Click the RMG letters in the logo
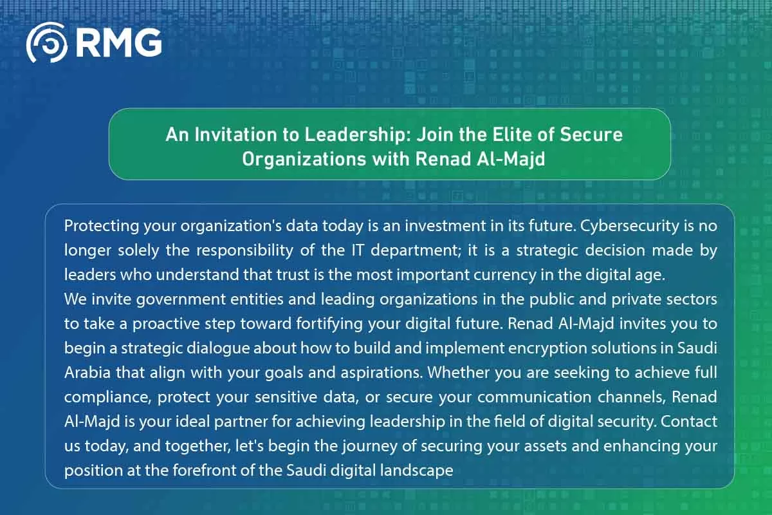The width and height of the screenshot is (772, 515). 119,42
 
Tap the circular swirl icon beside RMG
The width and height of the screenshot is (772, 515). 46,42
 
